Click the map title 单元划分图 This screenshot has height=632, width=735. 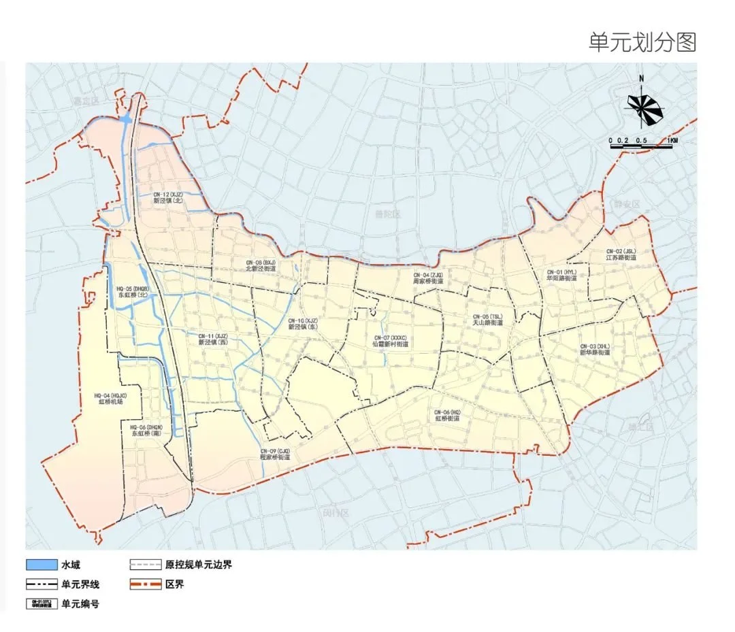coord(642,42)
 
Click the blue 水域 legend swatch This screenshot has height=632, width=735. coord(41,565)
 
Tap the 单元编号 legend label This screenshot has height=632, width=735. coord(80,603)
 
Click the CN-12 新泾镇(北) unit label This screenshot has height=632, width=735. coord(167,197)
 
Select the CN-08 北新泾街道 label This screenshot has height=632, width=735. coord(261,265)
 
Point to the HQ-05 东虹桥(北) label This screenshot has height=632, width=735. coord(132,292)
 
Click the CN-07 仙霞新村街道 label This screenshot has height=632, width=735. coord(391,340)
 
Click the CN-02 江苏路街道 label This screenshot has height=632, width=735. coord(621,254)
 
